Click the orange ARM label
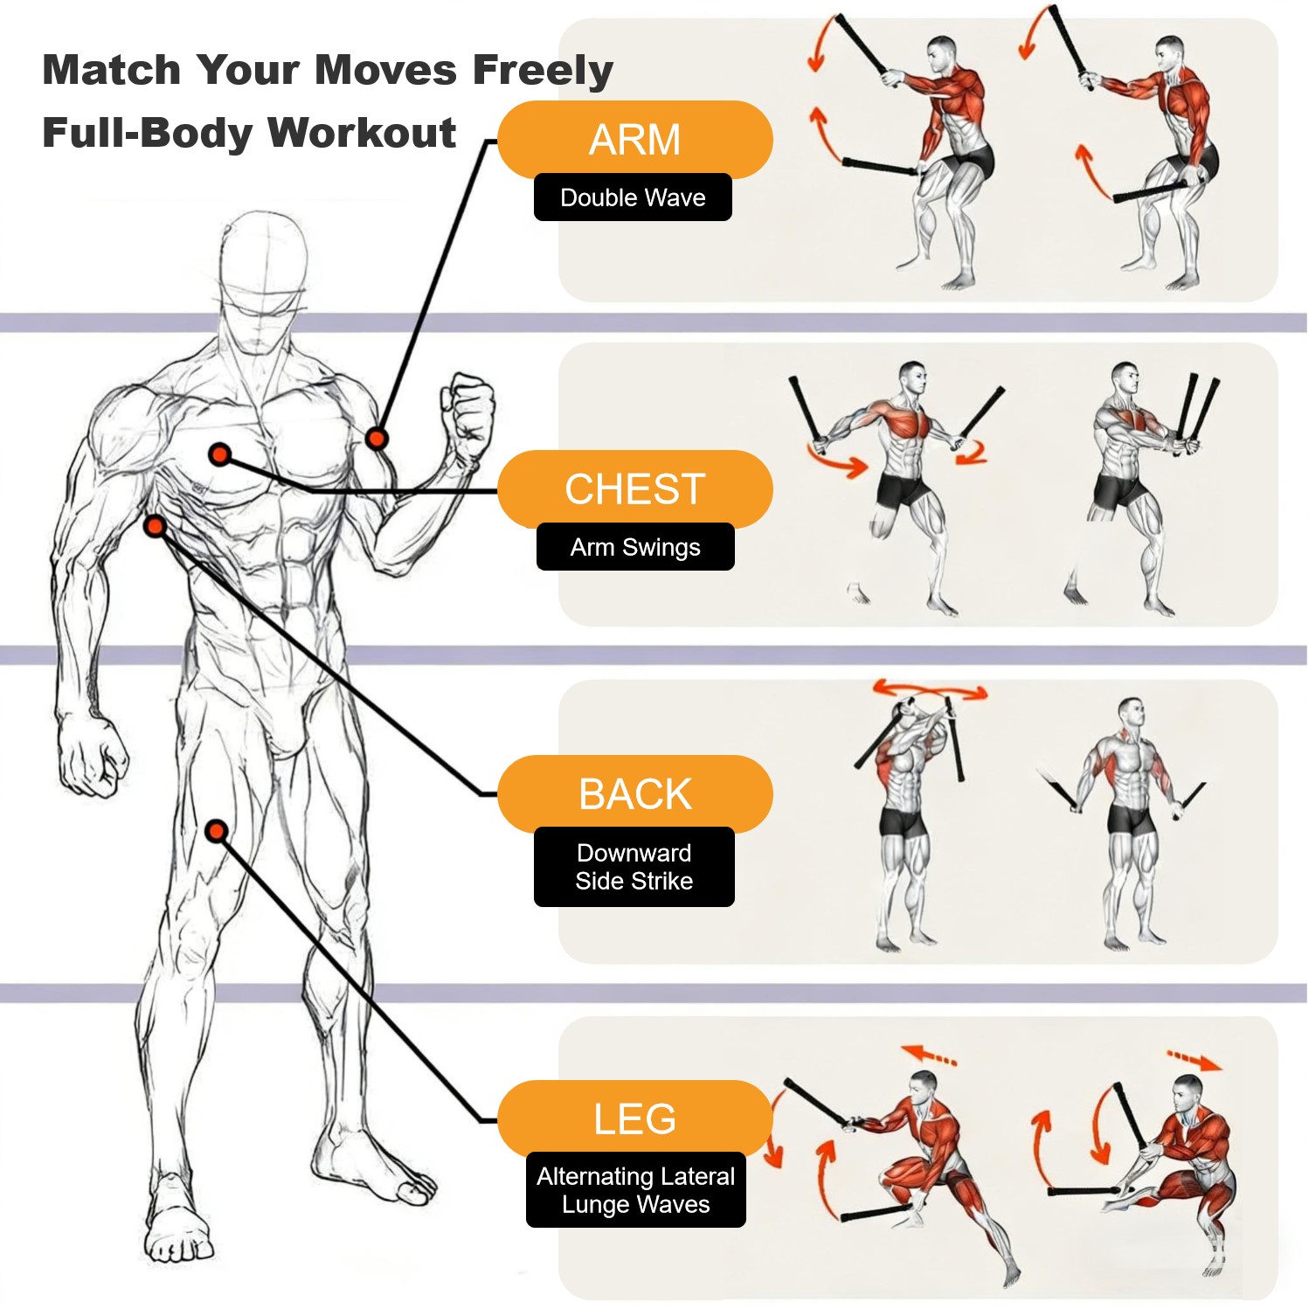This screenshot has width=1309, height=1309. pos(635,140)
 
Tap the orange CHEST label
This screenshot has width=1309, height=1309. pos(635,489)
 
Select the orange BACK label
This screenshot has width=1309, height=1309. pos(635,794)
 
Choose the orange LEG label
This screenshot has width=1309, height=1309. pos(635,1119)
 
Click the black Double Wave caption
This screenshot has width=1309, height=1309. pos(633,197)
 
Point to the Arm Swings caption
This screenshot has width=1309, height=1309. pos(635,547)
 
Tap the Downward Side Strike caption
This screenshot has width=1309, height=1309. pos(634,867)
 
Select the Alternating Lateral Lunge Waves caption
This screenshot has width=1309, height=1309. pos(636,1190)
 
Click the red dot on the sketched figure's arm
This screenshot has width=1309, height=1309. pos(377,438)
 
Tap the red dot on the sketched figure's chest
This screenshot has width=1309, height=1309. pos(220,454)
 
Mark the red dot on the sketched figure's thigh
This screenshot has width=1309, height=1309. pos(217,830)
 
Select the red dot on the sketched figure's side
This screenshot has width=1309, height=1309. pos(155,526)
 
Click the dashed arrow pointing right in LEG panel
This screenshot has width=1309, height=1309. pos(1195,1061)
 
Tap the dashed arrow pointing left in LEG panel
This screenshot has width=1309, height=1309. pos(929,1054)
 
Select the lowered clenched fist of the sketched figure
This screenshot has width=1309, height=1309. pos(91,753)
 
